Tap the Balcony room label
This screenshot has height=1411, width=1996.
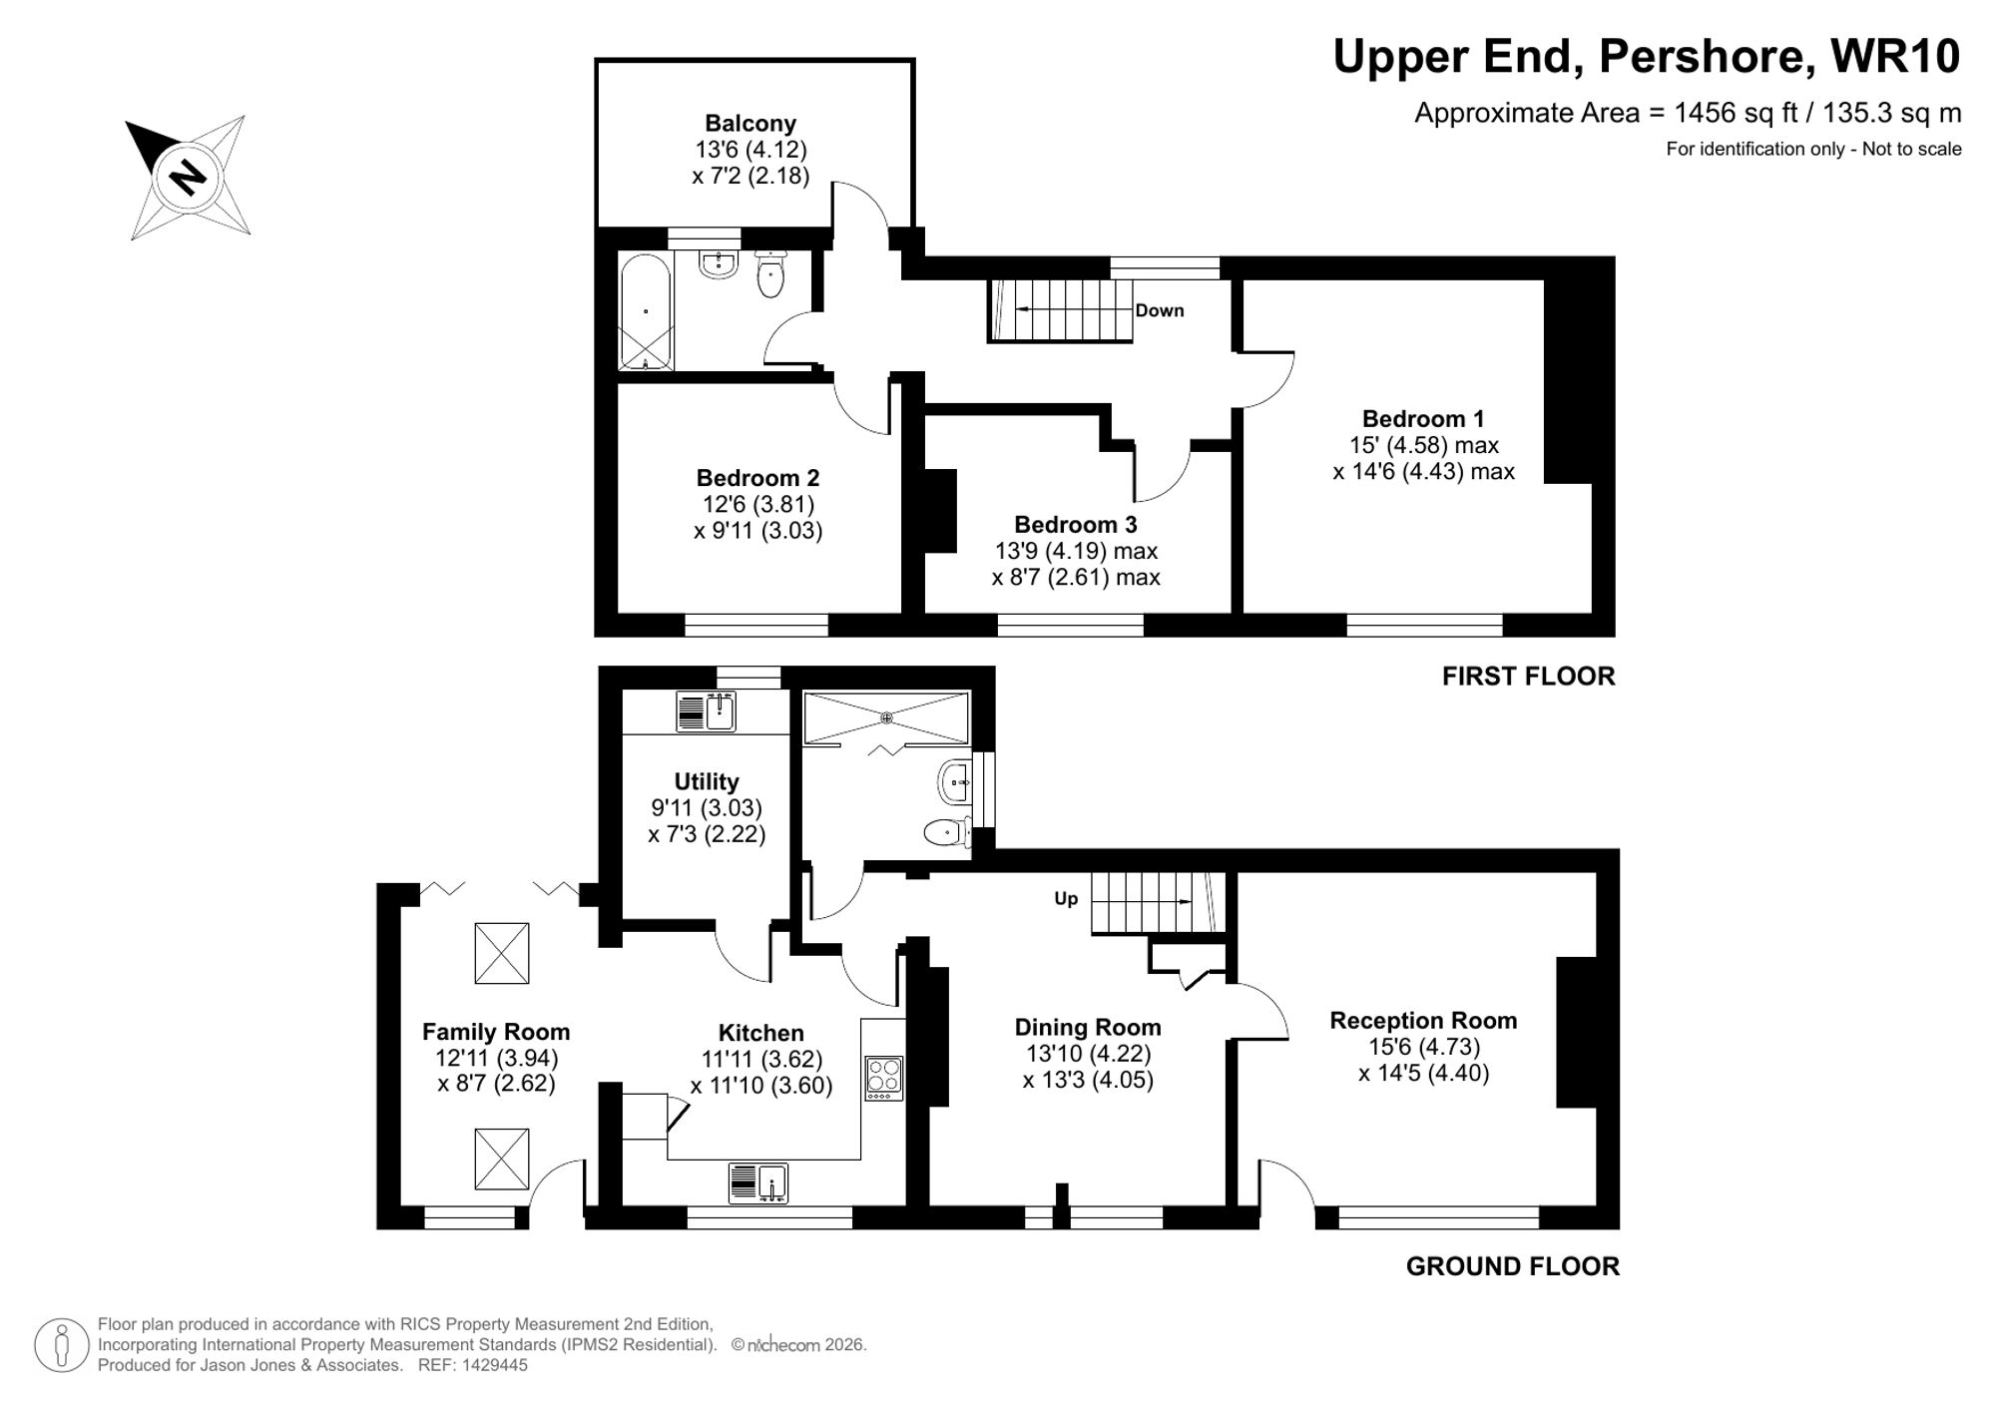coord(750,124)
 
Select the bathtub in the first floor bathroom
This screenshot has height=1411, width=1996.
coord(646,311)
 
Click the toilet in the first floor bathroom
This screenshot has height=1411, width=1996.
coord(770,275)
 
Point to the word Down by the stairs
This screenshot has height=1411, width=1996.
coord(1160,310)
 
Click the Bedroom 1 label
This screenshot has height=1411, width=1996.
coord(1423,418)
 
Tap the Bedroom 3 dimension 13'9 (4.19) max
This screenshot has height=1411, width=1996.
coord(1076,551)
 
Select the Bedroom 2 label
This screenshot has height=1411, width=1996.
coord(757,478)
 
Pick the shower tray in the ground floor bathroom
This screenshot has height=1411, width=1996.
coord(886,717)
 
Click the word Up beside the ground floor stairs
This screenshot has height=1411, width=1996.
coord(1066,899)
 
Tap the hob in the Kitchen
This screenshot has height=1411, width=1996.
coord(884,1078)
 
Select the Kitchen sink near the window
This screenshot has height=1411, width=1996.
coord(759,1183)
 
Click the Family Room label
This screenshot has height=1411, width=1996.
coord(496,1032)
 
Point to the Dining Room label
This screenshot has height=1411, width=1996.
coord(1088,1027)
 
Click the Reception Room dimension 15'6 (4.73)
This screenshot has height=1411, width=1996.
coord(1423,1047)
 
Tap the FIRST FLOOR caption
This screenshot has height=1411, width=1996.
coord(1528,677)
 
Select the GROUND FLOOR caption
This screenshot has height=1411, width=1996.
coord(1512,1266)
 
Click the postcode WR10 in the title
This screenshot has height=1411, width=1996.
coord(1895,57)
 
